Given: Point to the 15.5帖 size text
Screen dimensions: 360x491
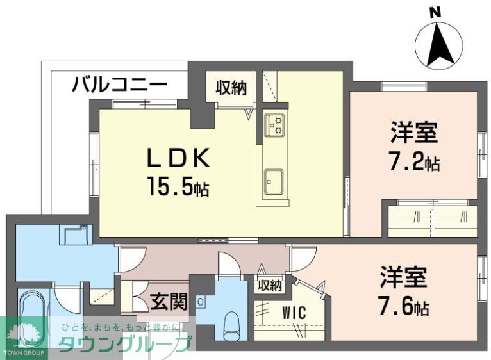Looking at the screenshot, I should coord(178,187).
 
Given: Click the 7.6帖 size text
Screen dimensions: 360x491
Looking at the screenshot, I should coord(403,306).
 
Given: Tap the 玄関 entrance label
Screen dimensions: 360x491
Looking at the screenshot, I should coord(169,300).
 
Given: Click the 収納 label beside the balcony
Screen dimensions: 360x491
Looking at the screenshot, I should coord(230,88).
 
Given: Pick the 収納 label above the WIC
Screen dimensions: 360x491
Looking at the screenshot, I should coord(270,285).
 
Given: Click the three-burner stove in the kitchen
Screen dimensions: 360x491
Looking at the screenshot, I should coord(276,125).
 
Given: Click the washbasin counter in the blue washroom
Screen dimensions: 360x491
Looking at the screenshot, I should coord(76,234).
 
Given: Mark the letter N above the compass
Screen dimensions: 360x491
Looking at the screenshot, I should coord(435,12).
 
